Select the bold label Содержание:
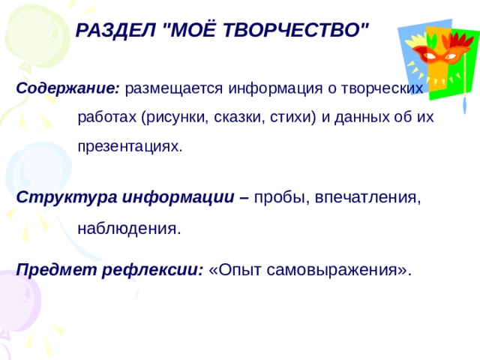67,88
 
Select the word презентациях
130,145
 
